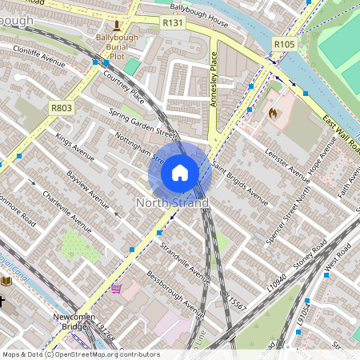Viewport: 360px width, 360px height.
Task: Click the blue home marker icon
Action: point(180,172)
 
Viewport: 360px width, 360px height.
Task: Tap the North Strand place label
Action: point(172,203)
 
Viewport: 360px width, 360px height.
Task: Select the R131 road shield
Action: point(174,25)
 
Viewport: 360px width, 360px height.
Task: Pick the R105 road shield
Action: point(283,44)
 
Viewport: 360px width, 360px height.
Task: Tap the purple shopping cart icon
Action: point(117,288)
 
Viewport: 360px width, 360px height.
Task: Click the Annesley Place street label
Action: point(214,80)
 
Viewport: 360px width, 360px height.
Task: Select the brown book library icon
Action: point(6,281)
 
